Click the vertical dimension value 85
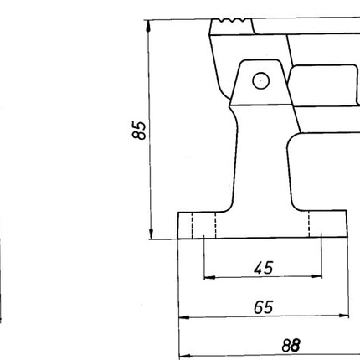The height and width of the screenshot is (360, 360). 140,130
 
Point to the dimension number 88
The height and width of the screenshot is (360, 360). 291,344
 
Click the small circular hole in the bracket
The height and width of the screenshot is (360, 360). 260,80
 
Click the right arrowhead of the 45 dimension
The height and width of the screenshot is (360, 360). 318,278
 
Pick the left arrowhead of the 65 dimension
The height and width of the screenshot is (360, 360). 183,317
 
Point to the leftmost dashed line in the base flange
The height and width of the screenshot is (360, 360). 192,225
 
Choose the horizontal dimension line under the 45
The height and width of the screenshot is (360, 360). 263,278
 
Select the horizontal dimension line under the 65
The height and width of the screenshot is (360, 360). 263,317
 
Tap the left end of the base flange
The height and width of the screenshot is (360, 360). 180,226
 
